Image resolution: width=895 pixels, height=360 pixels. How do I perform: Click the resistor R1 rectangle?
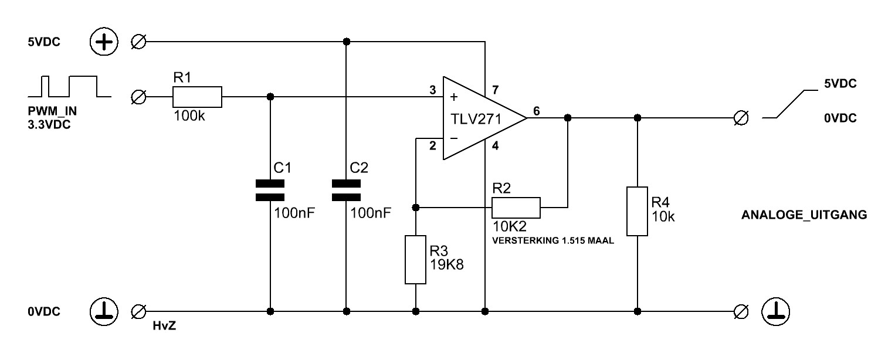pos(197,97)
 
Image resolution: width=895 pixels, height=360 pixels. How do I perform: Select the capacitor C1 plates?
pos(270,190)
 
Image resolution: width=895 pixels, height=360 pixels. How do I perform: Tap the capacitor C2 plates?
pos(347,190)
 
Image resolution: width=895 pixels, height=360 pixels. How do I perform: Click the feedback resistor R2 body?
pos(516,208)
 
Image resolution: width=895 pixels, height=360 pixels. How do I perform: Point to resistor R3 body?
pos(415,260)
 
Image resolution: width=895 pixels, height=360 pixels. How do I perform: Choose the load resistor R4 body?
pos(638,211)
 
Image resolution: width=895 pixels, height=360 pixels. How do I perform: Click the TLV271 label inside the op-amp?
pos(476,119)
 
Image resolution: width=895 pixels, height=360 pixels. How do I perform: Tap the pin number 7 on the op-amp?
pos(496,90)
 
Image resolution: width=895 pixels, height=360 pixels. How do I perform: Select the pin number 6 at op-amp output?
pos(537,111)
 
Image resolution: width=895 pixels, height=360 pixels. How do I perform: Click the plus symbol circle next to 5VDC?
pos(104,42)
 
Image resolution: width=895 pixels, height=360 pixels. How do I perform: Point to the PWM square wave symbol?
pos(69,86)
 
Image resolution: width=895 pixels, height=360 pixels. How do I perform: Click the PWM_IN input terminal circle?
pos(138,97)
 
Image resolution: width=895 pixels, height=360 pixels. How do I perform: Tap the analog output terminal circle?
pos(741,118)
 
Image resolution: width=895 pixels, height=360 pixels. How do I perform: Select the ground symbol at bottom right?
pos(776,311)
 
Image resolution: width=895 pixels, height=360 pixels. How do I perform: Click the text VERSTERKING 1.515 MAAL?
pos(553,240)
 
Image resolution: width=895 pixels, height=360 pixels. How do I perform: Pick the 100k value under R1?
pos(189,116)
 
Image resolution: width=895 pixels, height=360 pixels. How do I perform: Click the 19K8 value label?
pos(447,264)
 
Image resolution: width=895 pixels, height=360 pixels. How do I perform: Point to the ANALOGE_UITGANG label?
pos(804,215)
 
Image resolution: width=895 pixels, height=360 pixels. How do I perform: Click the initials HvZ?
pos(164,326)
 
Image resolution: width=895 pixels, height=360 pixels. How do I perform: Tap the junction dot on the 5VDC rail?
pos(347,42)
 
